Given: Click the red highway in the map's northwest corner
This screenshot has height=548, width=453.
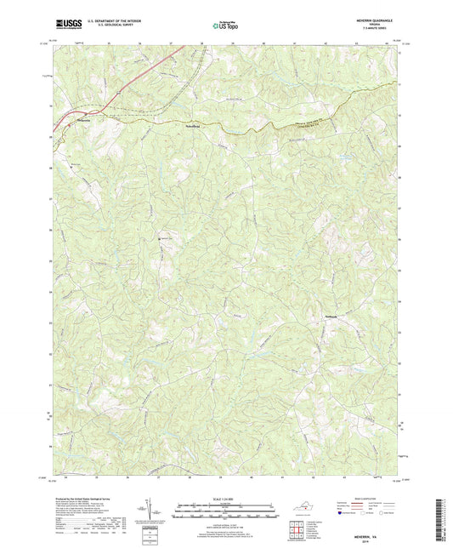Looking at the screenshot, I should click(x=144, y=77).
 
